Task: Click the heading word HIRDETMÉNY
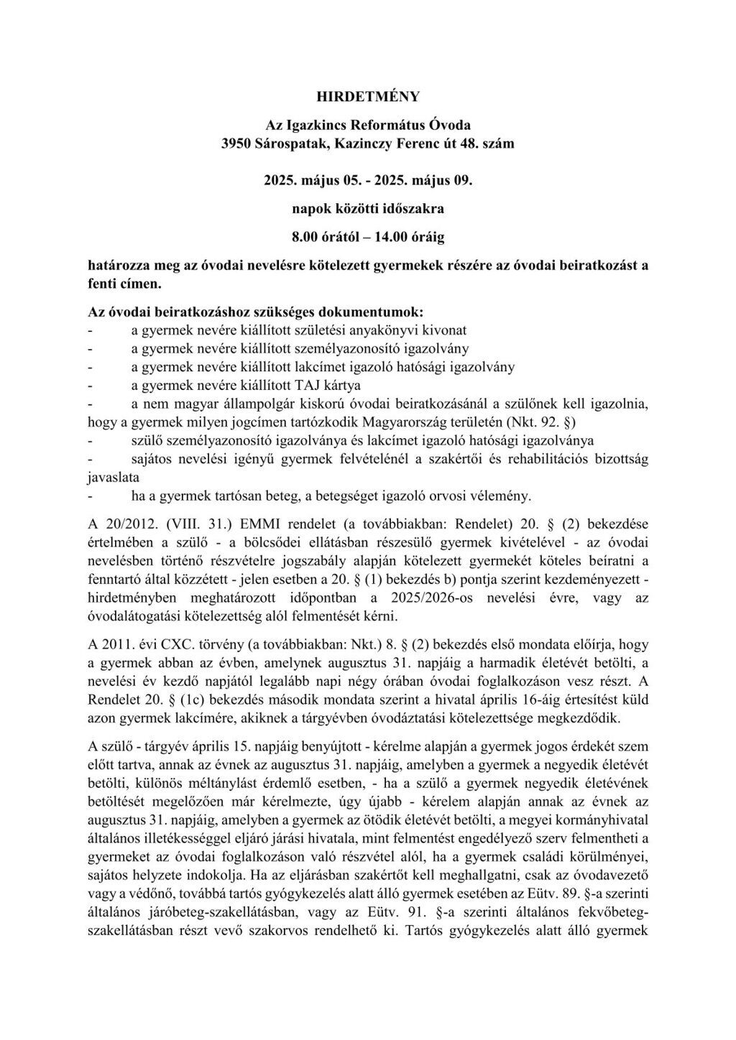[x=368, y=96]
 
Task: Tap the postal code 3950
[x=236, y=143]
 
